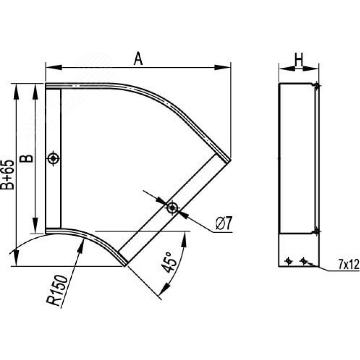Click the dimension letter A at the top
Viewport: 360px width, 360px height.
138,59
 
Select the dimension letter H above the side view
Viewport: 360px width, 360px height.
299,60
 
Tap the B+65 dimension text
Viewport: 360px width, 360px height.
8,175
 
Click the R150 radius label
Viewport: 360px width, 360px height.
57,291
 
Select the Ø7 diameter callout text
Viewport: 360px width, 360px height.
224,224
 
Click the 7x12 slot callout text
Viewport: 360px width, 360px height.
348,265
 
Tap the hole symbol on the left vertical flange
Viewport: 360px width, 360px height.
53,158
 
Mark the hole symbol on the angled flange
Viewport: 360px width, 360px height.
172,208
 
